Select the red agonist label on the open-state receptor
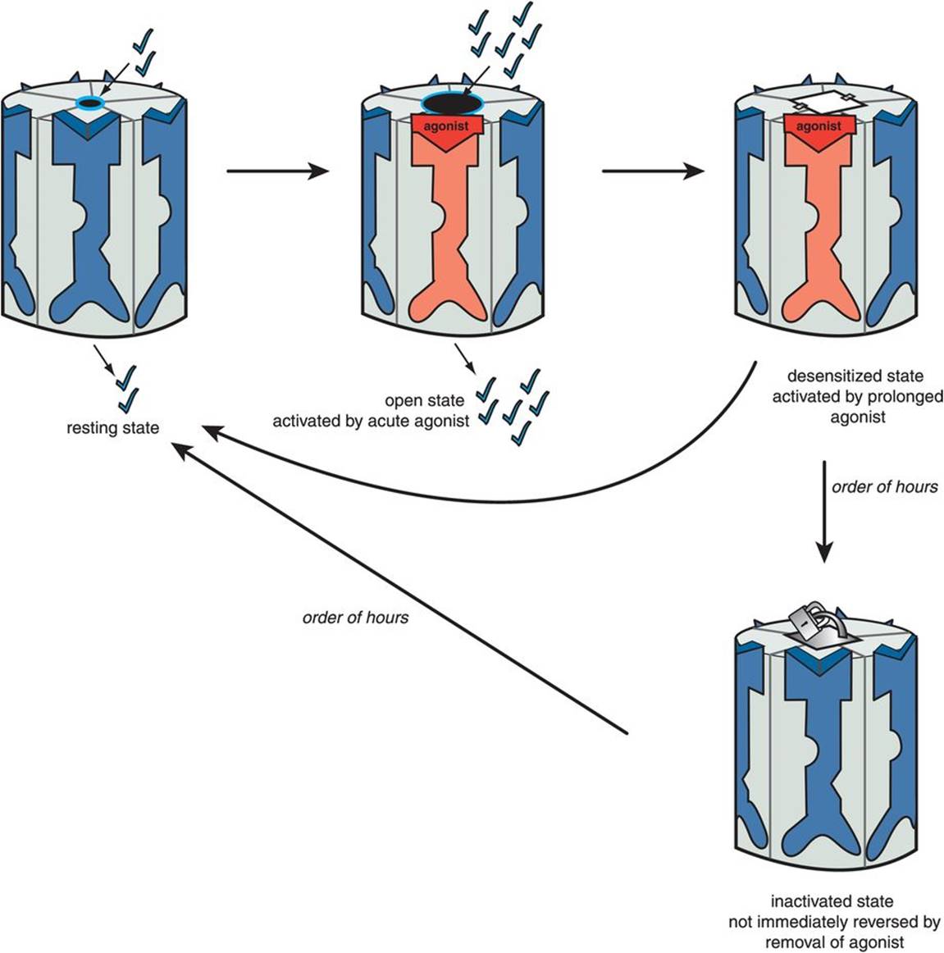[446, 126]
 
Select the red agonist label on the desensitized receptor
[819, 126]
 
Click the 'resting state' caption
[113, 428]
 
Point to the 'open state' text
[424, 401]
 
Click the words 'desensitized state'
[855, 376]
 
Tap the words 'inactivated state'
[832, 901]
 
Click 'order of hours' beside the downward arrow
[884, 487]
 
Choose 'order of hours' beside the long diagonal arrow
[355, 617]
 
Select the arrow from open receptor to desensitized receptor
[653, 171]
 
